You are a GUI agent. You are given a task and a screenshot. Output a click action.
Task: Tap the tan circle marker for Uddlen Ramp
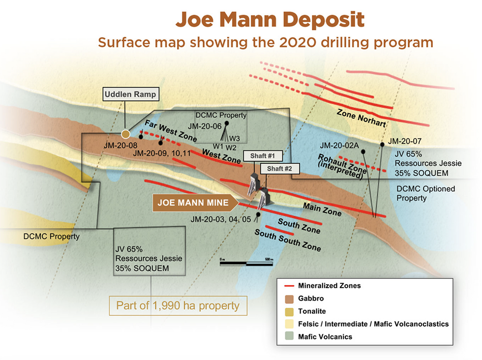point(126,133)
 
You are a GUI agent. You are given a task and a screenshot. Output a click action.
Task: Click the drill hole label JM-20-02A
point(340,146)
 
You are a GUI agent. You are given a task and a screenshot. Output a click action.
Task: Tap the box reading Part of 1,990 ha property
point(178,305)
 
